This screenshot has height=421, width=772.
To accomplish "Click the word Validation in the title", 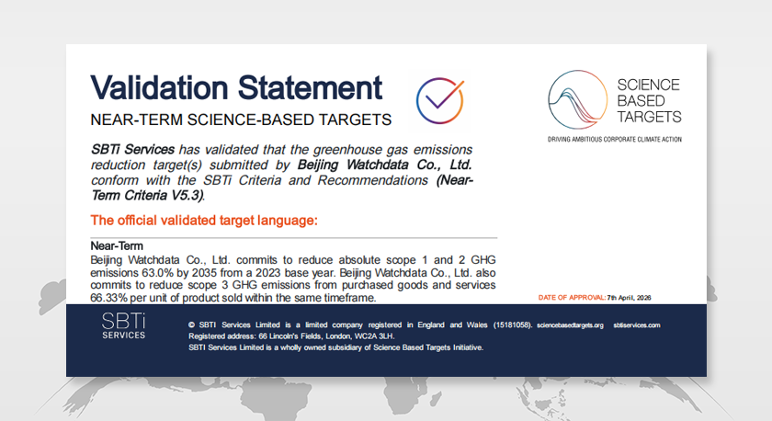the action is tap(159, 88).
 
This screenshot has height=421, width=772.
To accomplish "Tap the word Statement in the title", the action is tap(311, 88).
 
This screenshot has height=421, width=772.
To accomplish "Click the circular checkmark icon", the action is tap(440, 100).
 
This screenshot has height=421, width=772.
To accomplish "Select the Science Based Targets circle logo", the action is tap(577, 99).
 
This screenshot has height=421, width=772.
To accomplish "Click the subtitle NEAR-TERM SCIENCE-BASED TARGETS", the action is tap(241, 119).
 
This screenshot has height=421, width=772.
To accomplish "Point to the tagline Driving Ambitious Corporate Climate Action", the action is tap(615, 140).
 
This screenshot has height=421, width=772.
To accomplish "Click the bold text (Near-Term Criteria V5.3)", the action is tap(281, 188).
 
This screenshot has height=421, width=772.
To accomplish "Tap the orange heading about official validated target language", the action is tap(204, 220).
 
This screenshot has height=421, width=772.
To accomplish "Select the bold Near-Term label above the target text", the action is tap(117, 245).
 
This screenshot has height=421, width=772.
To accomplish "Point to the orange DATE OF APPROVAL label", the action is tap(572, 298).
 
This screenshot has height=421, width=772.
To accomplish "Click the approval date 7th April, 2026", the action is tap(630, 298).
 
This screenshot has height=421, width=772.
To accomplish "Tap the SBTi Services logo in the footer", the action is tap(123, 326).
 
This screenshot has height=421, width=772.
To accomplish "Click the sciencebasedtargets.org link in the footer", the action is tap(570, 325).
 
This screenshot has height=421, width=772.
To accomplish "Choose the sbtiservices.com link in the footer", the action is tap(637, 325).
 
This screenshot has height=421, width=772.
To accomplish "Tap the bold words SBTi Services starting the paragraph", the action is tap(132, 149).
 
